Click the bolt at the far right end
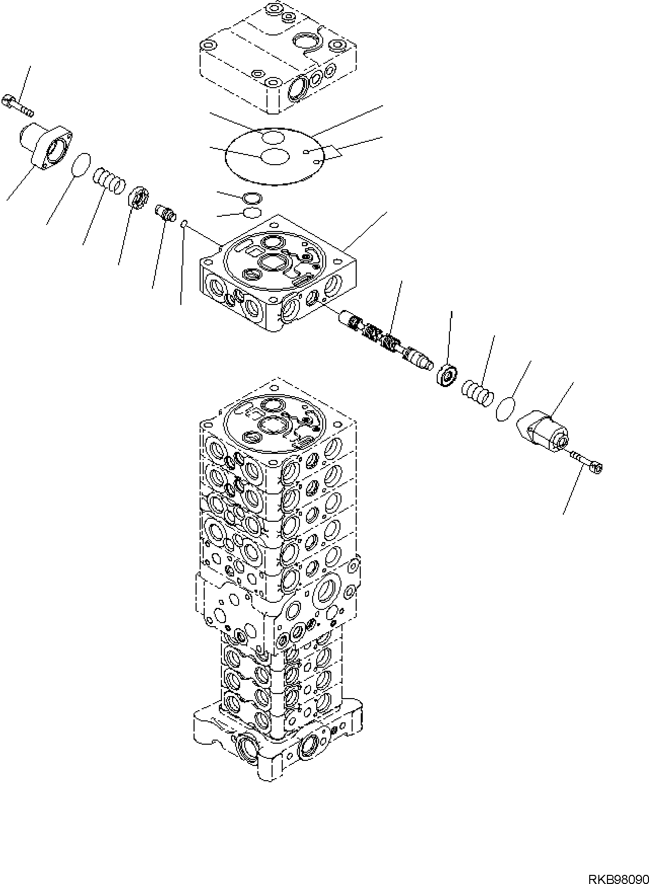586,462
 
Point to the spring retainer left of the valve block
137,197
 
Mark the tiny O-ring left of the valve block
185,223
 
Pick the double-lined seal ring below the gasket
252,198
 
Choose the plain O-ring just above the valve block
252,212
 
